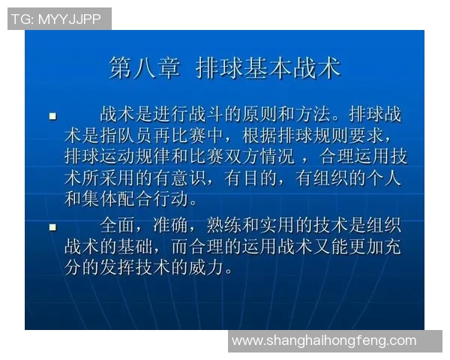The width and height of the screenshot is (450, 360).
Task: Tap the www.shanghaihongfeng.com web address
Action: (x=324, y=340)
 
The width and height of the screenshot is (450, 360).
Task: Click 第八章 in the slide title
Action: (x=144, y=68)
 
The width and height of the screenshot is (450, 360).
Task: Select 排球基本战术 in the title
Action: (x=268, y=68)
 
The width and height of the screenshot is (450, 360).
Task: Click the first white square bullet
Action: (x=53, y=117)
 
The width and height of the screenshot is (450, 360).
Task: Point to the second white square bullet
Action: (x=53, y=226)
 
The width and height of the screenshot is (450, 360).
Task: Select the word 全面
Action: (x=120, y=226)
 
